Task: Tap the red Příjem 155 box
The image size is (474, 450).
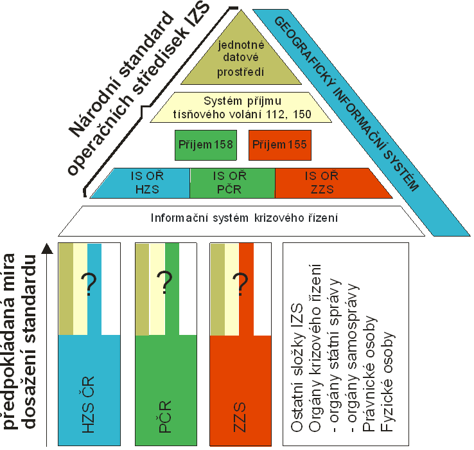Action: point(278,145)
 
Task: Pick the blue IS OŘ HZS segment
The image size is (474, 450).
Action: point(142,183)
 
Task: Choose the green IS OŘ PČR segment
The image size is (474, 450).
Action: point(233,183)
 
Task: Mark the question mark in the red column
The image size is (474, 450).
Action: point(240,283)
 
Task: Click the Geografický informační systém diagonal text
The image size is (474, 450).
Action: point(346,103)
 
